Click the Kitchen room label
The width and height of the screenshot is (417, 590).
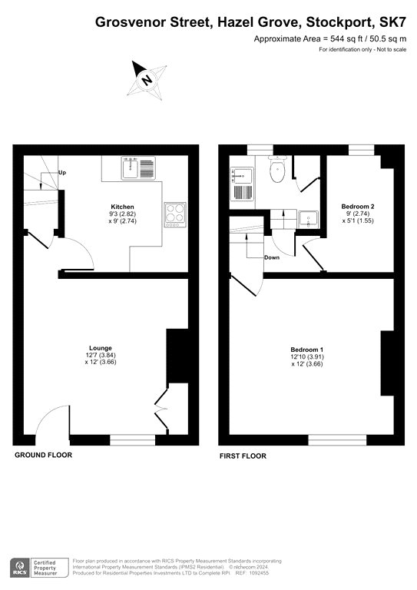(123, 207)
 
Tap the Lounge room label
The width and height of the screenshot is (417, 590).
(101, 348)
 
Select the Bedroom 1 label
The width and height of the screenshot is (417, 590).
(307, 350)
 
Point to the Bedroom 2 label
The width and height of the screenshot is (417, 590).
(358, 206)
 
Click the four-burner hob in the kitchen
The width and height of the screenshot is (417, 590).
(175, 214)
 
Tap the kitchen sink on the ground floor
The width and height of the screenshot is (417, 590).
(138, 167)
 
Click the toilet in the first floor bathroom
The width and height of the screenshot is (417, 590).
(278, 168)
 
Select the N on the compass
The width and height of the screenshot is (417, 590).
(147, 80)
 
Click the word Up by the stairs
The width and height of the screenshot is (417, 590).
(62, 173)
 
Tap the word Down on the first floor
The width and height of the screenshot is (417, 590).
(272, 258)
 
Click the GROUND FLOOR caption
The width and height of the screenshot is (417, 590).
(43, 455)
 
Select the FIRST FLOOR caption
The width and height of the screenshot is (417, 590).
(243, 456)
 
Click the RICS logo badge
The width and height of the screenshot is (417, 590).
(20, 568)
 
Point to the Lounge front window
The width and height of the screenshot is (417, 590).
(132, 440)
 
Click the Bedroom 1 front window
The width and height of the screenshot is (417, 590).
(338, 440)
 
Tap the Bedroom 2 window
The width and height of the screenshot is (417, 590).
(362, 150)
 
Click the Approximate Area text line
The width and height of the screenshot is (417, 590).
(329, 38)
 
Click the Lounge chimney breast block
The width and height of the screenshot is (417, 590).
(177, 356)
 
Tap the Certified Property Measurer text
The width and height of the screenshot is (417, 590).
(45, 568)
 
